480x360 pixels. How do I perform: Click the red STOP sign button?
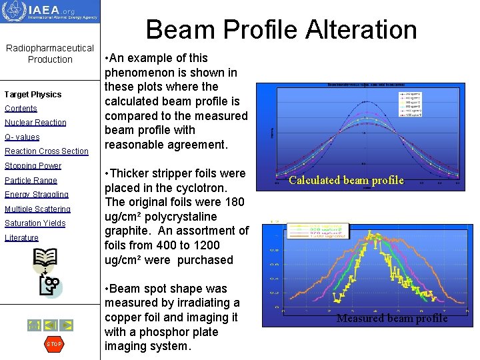click(53, 344)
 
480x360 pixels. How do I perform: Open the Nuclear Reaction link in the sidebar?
click(35, 123)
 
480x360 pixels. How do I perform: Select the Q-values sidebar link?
click(22, 137)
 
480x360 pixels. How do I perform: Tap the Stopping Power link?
click(33, 166)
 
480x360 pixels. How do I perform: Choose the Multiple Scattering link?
click(37, 209)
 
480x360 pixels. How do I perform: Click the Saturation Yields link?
click(35, 223)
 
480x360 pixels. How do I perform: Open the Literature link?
click(21, 238)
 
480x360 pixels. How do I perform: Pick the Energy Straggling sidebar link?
click(37, 195)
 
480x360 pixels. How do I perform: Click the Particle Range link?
click(31, 181)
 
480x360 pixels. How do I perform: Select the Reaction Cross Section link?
click(46, 151)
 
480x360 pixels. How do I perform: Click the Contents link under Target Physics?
click(21, 109)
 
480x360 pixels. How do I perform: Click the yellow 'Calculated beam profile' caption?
click(346, 181)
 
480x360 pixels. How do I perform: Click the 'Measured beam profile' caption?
click(392, 319)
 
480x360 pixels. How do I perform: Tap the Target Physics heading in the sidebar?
click(33, 95)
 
